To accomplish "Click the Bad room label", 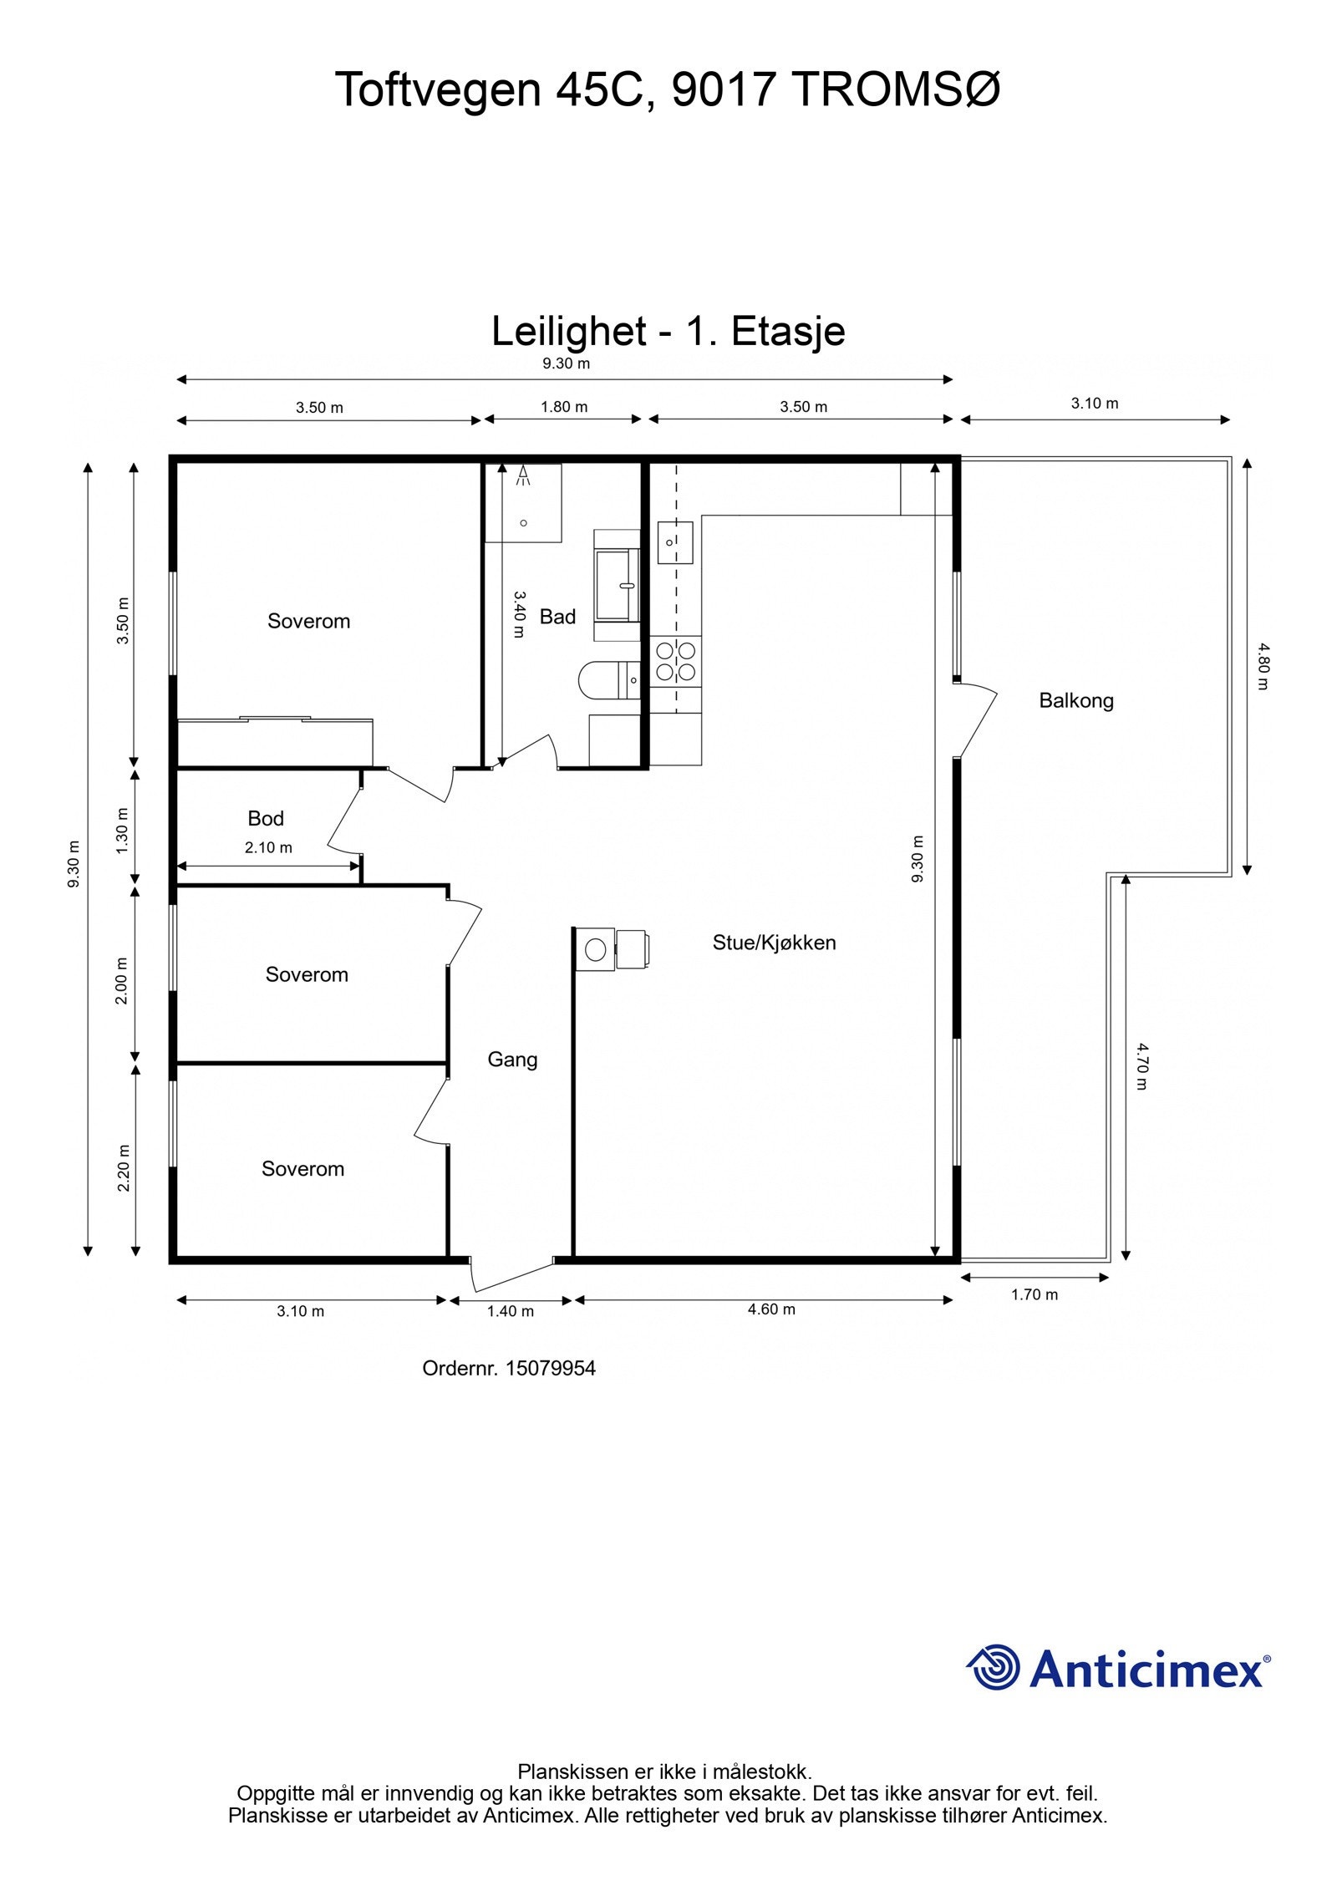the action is (x=557, y=617).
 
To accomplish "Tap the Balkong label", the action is (x=1076, y=700).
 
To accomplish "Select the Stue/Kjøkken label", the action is (x=774, y=943).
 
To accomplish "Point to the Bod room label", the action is (x=266, y=818).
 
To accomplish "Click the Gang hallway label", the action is (x=512, y=1060).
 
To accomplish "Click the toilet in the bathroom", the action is (x=608, y=679).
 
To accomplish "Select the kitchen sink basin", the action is (x=675, y=541).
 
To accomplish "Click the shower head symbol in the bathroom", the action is (x=524, y=475).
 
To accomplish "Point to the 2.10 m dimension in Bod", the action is (x=268, y=847).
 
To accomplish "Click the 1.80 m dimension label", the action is (x=564, y=407).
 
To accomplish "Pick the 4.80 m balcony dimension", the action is (x=1263, y=665).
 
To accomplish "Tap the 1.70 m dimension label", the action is (x=1035, y=1294).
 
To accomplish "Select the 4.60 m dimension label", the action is (x=771, y=1309).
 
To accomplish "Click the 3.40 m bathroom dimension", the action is (x=518, y=615).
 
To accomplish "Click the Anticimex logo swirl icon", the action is (x=994, y=1669).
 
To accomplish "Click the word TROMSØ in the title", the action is (x=897, y=89).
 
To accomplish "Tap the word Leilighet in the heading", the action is (x=568, y=331).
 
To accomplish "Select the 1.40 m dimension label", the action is (x=511, y=1311).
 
